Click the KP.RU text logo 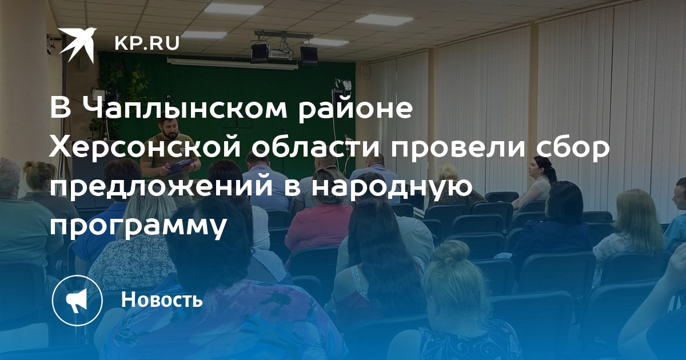pyautogui.click(x=147, y=43)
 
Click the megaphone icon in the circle pyautogui.click(x=77, y=301)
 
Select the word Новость pyautogui.click(x=162, y=299)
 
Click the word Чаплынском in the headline pyautogui.click(x=185, y=109)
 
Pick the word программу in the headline pyautogui.click(x=138, y=226)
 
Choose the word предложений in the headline pyautogui.click(x=161, y=187)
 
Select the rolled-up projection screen pyautogui.click(x=233, y=63)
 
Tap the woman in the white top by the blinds pyautogui.click(x=537, y=181)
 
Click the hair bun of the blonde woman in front pyautogui.click(x=449, y=253)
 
